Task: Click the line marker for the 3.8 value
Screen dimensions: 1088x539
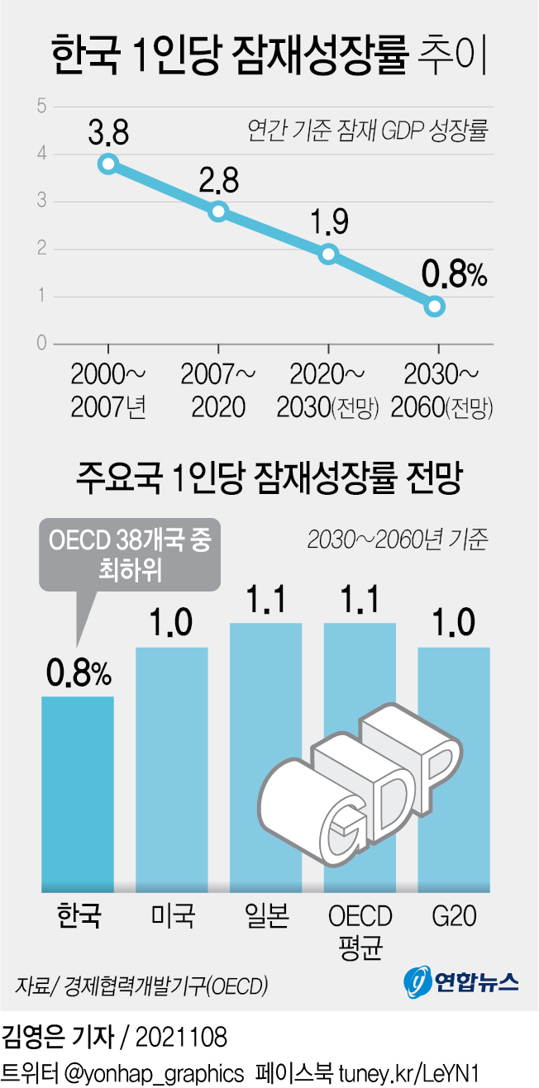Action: (107, 164)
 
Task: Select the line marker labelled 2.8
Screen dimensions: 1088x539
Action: (218, 211)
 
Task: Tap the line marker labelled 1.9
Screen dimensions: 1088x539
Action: (328, 254)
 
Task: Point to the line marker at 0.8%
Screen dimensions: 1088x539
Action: (436, 306)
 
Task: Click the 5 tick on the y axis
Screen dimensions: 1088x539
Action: (41, 106)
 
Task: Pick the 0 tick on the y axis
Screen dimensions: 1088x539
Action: (41, 344)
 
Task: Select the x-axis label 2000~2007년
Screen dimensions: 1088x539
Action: (108, 391)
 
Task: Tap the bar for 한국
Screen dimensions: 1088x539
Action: (78, 793)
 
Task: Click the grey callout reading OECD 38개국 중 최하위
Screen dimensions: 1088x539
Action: (130, 555)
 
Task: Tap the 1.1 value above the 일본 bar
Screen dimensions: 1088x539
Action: (265, 600)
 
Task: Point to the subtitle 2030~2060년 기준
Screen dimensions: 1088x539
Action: (398, 540)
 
